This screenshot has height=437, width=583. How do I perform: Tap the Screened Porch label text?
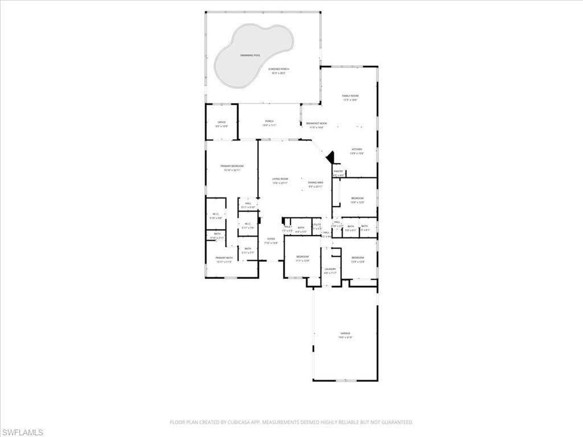(x=279, y=69)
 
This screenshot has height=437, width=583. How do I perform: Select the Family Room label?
(x=350, y=96)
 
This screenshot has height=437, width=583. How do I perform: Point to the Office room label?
(x=222, y=122)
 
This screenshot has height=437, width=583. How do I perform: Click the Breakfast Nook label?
(x=317, y=123)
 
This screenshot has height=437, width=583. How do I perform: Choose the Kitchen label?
(x=356, y=150)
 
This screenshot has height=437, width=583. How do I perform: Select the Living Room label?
(x=280, y=179)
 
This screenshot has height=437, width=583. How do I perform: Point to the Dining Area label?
(x=316, y=183)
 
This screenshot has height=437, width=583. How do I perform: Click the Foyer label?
(x=271, y=239)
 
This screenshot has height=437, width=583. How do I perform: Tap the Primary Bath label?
(x=224, y=258)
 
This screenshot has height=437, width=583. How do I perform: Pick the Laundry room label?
(x=330, y=269)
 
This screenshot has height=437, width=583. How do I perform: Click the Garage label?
(x=346, y=333)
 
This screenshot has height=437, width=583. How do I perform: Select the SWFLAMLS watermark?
(x=22, y=433)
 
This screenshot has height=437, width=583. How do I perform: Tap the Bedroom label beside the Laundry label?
(x=302, y=257)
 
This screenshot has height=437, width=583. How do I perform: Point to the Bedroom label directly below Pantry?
(x=357, y=198)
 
